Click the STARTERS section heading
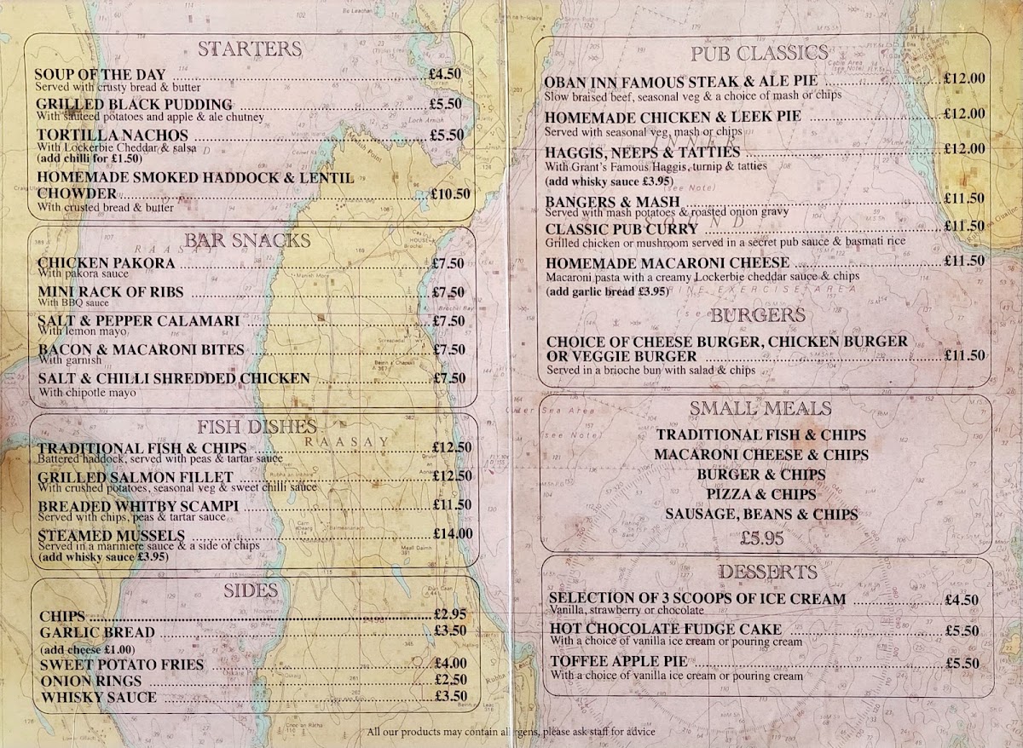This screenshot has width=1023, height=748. tap(250, 49)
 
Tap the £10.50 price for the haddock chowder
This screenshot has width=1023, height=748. tap(451, 193)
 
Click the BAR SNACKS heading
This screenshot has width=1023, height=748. tap(250, 239)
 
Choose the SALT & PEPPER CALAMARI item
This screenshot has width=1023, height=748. tap(138, 320)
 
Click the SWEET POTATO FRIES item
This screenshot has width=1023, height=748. tap(122, 664)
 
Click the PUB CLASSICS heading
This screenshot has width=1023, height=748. tap(759, 53)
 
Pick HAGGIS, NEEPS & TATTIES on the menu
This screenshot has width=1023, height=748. tap(643, 152)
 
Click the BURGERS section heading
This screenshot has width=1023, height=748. tap(758, 315)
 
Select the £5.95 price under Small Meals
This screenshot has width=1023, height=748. tap(761, 538)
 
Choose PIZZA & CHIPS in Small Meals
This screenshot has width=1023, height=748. tap(761, 494)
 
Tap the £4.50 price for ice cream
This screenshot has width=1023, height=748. tap(961, 599)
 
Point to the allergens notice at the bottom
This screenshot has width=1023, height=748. tap(511, 732)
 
